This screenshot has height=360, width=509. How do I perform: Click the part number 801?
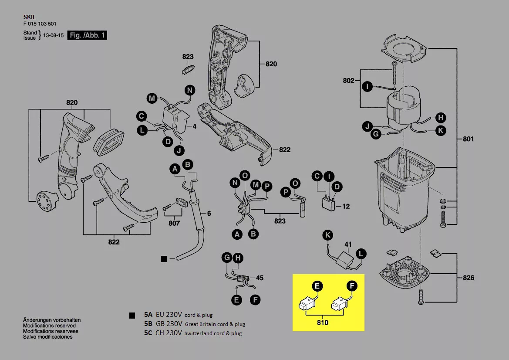[x=469, y=139]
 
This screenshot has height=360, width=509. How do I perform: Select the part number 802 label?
[x=348, y=81]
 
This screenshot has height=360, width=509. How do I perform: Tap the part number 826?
[x=469, y=278]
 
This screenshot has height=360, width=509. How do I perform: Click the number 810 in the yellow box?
[x=323, y=323]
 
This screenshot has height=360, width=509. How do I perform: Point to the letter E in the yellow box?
[x=317, y=286]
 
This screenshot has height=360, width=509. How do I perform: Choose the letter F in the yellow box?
[x=351, y=286]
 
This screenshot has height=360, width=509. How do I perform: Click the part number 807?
[x=174, y=224]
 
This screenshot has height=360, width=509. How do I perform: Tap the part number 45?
[x=260, y=278]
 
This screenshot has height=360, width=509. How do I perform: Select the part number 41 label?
[x=348, y=245]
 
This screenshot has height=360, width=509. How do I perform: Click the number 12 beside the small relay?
[x=346, y=206]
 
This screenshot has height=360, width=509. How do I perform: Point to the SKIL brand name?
[x=30, y=17]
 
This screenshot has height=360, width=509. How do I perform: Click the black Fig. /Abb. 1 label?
[x=87, y=35]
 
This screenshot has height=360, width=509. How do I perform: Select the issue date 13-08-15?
[x=53, y=35]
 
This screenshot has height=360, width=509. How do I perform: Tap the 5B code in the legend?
[x=148, y=324]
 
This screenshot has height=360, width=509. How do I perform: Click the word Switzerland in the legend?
[x=199, y=333]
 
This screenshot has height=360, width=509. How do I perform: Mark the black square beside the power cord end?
[x=164, y=259]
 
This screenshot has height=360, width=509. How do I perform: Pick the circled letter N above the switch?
[x=190, y=91]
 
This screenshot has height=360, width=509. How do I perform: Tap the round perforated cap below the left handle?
[x=45, y=202]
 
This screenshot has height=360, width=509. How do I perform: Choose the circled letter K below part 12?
[x=327, y=236]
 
